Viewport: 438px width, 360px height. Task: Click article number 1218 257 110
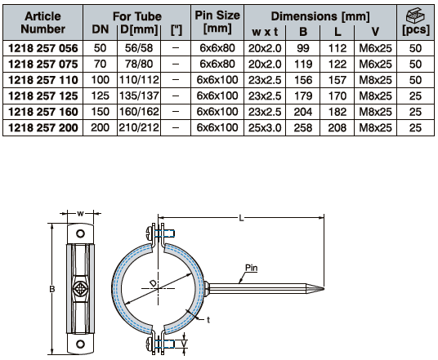point(43,80)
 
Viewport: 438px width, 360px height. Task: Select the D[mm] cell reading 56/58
point(139,48)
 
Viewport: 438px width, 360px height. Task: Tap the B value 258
point(303,128)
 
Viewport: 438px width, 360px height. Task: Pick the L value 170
point(337,96)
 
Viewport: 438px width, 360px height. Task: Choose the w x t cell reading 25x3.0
point(265,128)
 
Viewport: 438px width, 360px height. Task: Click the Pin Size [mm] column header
point(217,22)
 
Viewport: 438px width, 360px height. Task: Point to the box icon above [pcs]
point(415,16)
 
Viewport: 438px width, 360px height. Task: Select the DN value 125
point(100,96)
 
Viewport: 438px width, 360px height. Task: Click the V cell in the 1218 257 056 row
point(375,48)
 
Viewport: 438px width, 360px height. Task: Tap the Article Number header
point(42,22)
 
